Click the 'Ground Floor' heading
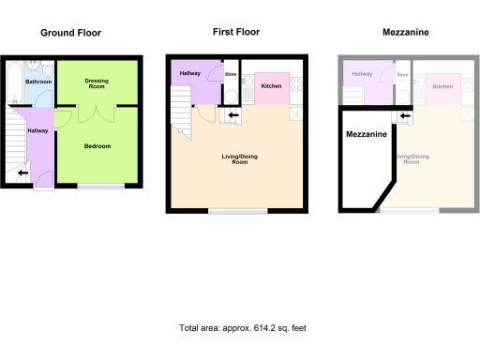tap(70, 33)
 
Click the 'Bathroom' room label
tap(38, 82)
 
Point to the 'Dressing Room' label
tap(97, 83)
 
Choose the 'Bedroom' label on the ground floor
tap(97, 146)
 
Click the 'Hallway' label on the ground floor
tap(38, 130)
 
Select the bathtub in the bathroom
tap(14, 82)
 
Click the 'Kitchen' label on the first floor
tap(271, 86)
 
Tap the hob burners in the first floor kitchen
tap(297, 84)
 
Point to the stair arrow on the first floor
tap(232, 115)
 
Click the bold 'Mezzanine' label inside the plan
tap(363, 135)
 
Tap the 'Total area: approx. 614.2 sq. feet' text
tap(243, 328)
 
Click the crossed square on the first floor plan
tap(297, 113)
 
